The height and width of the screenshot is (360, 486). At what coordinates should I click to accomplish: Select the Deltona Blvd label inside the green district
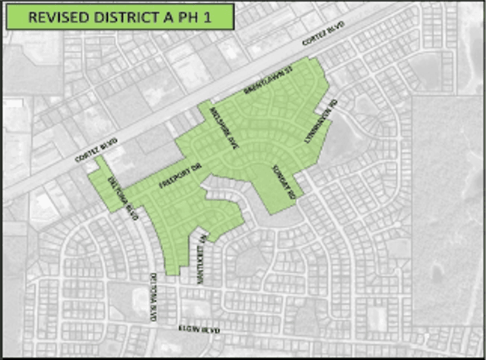(123, 197)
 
